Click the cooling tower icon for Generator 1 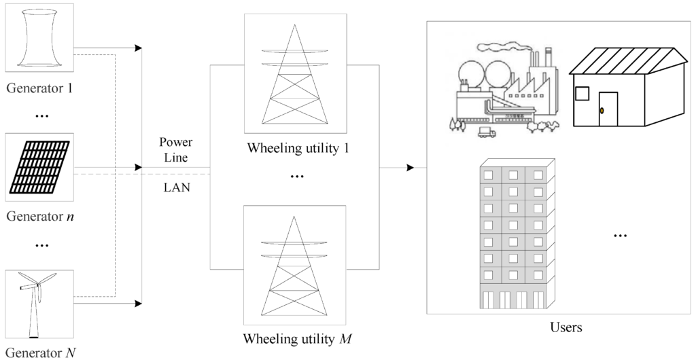tap(39, 37)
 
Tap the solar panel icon tap(39, 167)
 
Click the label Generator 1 tap(39, 88)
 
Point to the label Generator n tap(39, 217)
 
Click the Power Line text tap(176, 150)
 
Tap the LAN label tap(177, 187)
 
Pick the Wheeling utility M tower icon tap(294, 266)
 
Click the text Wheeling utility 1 tap(298, 147)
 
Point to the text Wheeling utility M tap(298, 340)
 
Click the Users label tap(566, 327)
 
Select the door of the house tap(608, 109)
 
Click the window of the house tap(582, 94)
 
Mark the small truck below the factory tap(487, 132)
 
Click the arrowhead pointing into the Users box tap(411, 168)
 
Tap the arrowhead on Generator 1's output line tap(139, 48)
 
